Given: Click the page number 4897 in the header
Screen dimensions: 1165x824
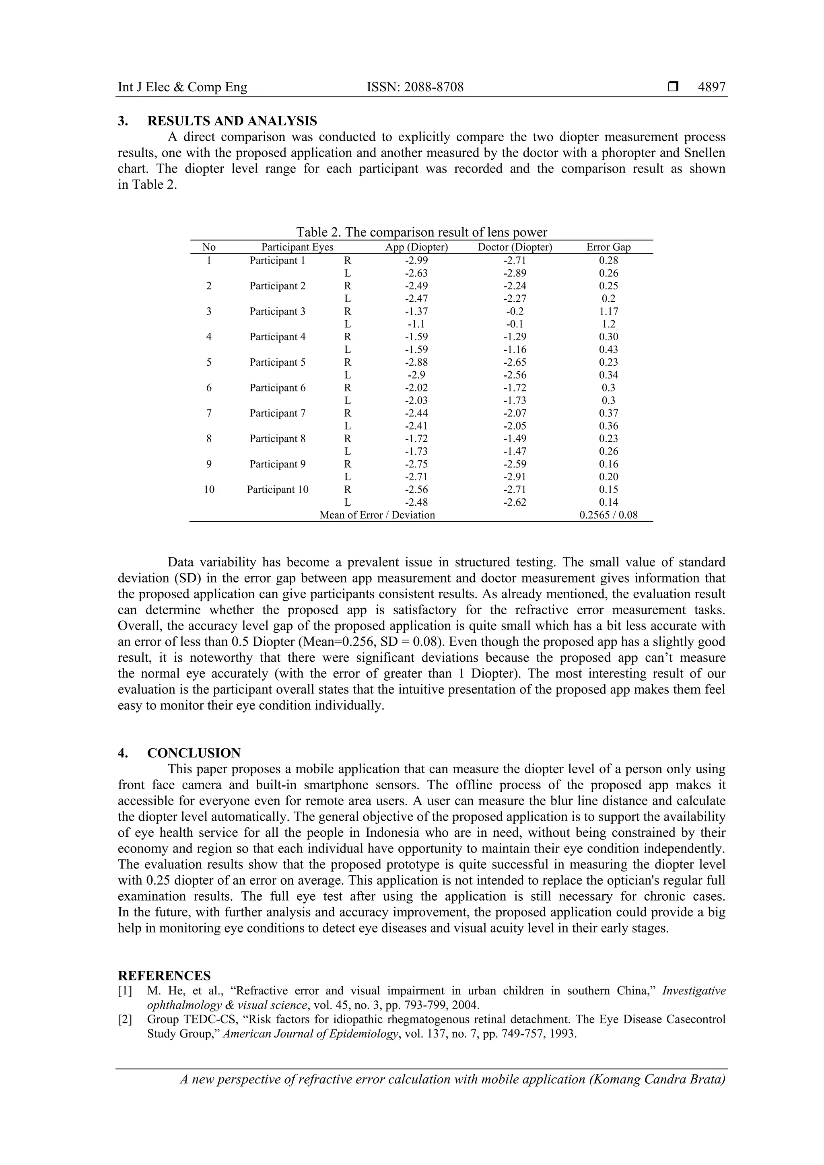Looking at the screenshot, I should tap(711, 87).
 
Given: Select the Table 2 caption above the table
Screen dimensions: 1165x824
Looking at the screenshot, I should tap(422, 233).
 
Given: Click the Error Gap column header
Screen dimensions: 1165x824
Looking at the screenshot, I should tap(608, 247).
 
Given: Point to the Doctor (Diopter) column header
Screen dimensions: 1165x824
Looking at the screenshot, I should tap(515, 247).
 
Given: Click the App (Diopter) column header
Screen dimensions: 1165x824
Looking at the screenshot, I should tap(416, 247).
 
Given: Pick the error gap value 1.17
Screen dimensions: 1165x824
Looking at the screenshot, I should tap(608, 311).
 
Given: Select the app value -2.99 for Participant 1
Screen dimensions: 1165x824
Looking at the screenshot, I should tap(416, 260).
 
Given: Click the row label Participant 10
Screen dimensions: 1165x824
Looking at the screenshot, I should tap(278, 490).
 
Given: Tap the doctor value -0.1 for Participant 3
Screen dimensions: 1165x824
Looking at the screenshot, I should tap(515, 324).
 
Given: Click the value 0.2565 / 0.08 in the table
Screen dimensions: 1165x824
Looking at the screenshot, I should tap(608, 515).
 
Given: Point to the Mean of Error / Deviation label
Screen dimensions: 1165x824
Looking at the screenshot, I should tap(377, 515).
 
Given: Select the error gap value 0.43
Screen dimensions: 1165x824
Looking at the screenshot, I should tap(608, 350).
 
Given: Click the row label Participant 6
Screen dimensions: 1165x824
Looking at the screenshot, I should tap(278, 388).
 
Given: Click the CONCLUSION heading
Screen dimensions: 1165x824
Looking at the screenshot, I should tap(194, 753).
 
